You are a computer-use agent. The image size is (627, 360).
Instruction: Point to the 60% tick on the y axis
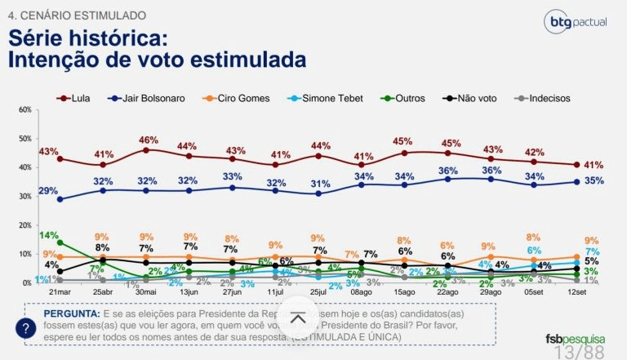[24, 109]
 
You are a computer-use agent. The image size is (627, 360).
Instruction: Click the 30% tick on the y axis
[24, 196]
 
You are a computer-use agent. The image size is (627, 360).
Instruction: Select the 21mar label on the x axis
[60, 292]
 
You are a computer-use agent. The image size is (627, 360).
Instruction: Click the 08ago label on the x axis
[361, 292]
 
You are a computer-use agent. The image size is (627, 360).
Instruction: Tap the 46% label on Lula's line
[149, 140]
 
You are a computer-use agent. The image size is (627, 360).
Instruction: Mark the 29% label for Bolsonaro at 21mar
[47, 190]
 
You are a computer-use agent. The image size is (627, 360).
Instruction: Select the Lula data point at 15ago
[404, 153]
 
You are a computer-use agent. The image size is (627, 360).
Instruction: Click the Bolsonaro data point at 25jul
[318, 193]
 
